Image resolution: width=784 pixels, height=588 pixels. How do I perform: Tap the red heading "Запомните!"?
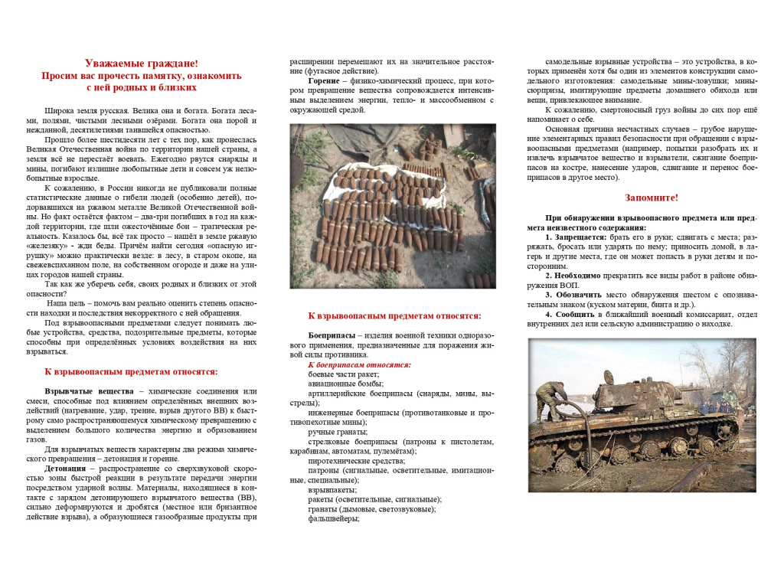[651, 198]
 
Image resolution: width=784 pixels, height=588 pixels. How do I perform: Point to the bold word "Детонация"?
[65, 468]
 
